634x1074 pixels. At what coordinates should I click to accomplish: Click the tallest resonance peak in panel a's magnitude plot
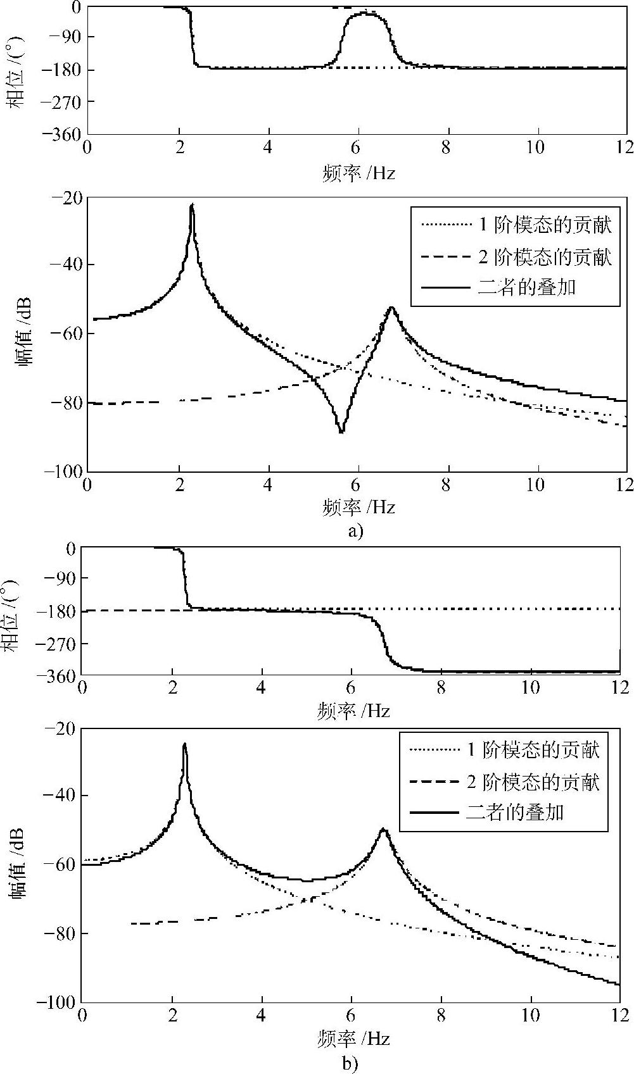click(x=192, y=206)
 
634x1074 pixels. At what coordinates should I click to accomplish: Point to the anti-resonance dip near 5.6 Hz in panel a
click(x=341, y=432)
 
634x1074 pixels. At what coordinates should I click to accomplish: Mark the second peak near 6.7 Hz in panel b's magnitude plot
click(x=383, y=830)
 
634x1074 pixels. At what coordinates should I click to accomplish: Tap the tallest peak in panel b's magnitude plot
click(x=184, y=745)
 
